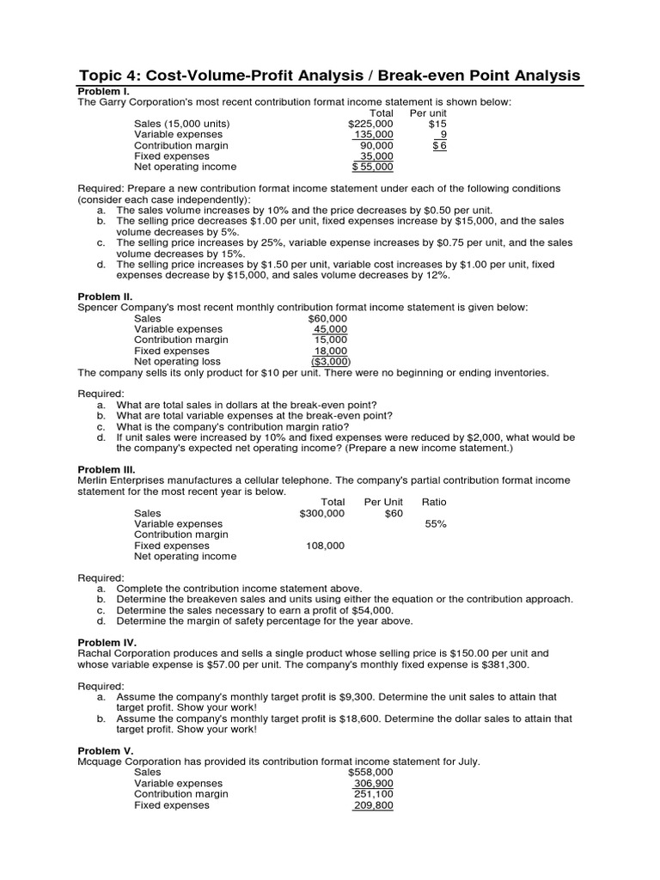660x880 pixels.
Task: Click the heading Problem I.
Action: tap(104, 91)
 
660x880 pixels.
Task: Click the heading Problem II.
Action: tap(106, 296)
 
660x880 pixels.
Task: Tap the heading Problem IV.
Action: tap(107, 642)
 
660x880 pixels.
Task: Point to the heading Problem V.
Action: tap(106, 750)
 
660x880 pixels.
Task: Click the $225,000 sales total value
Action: tap(370, 124)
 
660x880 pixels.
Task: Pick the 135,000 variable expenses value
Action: tap(373, 135)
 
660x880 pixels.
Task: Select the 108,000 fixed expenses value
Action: tap(325, 546)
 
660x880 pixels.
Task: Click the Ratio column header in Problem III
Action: tap(434, 502)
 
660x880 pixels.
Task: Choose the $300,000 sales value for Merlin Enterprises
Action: tap(321, 513)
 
